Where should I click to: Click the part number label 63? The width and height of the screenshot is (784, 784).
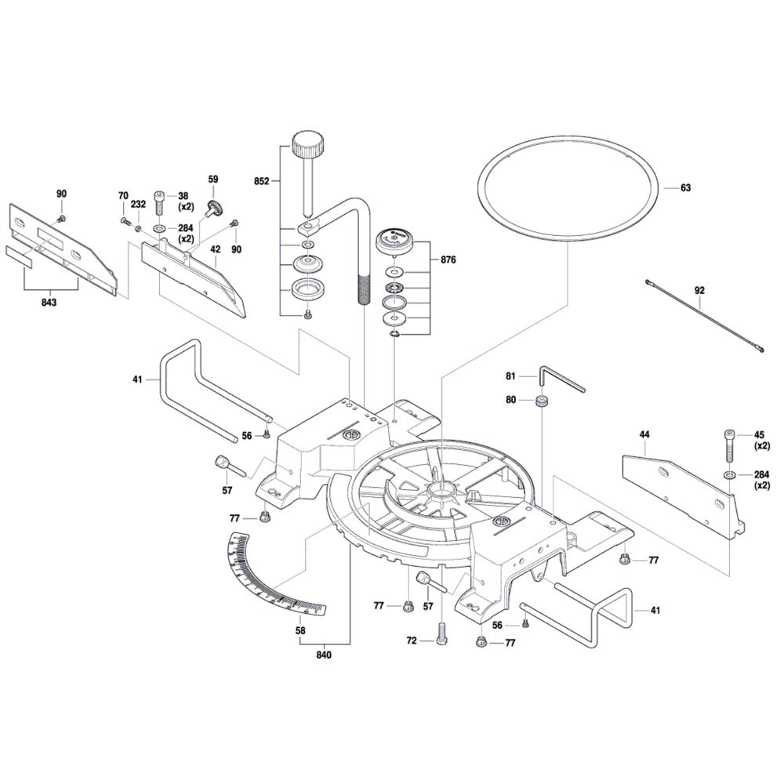[x=685, y=187]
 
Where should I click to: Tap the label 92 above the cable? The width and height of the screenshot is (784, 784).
[x=699, y=290]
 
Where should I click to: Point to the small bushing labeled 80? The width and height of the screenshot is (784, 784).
[x=540, y=401]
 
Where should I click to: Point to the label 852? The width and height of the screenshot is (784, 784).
[x=262, y=181]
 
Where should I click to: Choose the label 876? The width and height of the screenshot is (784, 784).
[x=448, y=260]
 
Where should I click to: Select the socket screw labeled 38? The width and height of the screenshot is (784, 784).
[x=161, y=201]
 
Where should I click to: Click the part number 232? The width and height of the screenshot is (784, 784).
[x=139, y=204]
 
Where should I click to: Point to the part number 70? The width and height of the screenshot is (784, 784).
[x=123, y=195]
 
